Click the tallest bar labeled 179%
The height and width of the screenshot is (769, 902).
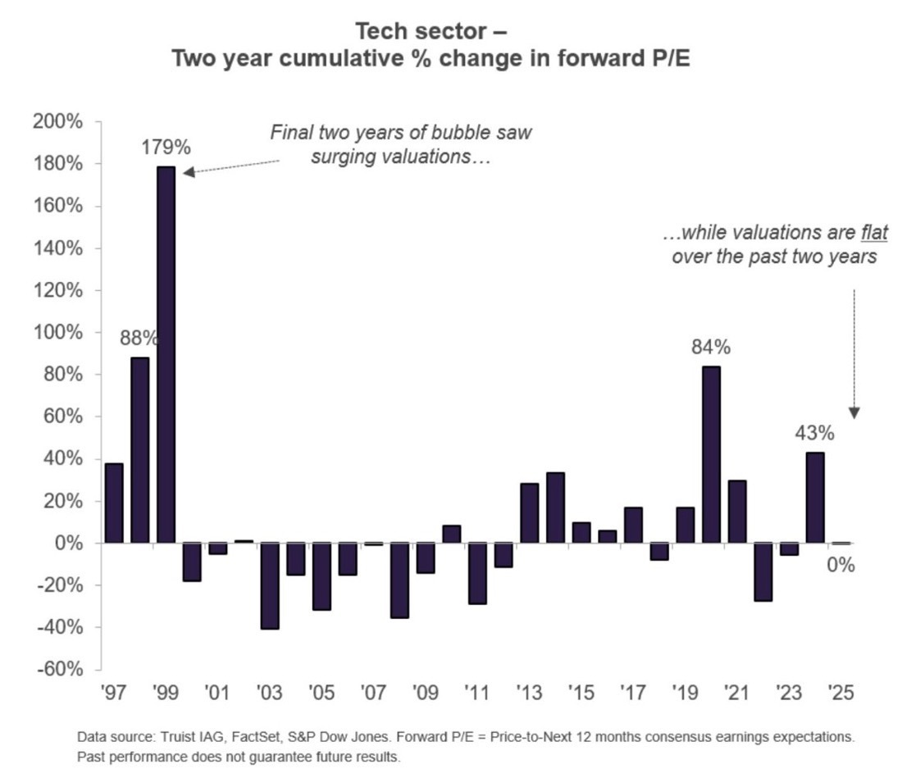tap(166, 353)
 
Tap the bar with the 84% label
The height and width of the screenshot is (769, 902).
tap(711, 454)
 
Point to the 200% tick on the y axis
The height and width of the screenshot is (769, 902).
tap(58, 122)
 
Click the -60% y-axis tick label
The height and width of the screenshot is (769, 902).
tap(58, 670)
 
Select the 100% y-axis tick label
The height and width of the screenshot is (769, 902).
tap(58, 333)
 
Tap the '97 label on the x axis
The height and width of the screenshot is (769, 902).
tap(115, 693)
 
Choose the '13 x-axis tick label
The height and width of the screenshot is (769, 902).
tap(529, 693)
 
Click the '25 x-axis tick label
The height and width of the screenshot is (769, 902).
tap(841, 693)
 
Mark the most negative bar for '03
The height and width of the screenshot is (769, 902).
tap(269, 585)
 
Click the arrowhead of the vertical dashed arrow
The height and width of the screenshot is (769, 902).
tap(854, 413)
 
